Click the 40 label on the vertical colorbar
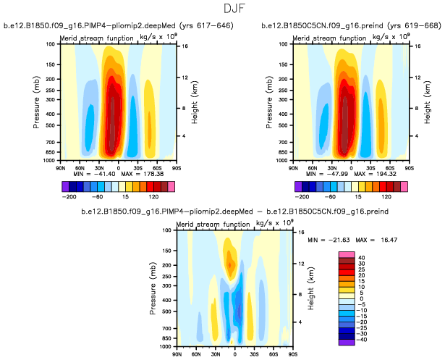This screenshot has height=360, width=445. tap(360, 257)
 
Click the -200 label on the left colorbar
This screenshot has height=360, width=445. tap(70, 196)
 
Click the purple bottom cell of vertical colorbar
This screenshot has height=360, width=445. tap(346, 341)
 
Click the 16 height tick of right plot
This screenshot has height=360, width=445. tap(417, 46)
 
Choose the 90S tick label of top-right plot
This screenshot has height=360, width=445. tap(409, 167)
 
